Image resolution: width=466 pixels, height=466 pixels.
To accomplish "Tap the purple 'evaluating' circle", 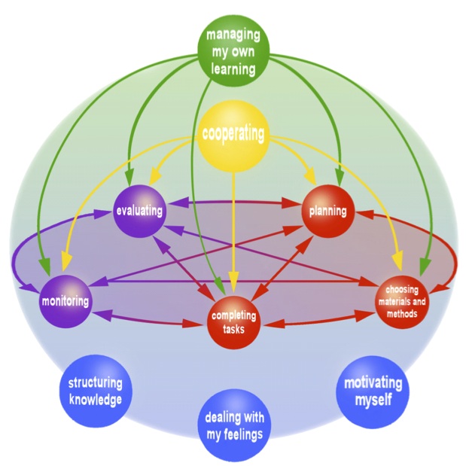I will coord(139,211).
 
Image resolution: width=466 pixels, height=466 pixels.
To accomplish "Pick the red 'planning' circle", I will coord(327,211).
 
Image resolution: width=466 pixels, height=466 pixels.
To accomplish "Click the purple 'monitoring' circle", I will coord(66,301).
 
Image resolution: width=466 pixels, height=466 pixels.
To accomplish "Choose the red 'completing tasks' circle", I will coord(234,322).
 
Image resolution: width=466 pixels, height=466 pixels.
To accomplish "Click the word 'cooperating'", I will coord(233,135).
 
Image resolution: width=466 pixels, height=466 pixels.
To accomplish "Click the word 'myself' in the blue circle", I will coord(373,399).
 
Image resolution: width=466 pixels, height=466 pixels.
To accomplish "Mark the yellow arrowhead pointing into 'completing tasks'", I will coord(234,293).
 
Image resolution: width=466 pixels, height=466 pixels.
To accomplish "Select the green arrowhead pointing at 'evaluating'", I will coord(129,175).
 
